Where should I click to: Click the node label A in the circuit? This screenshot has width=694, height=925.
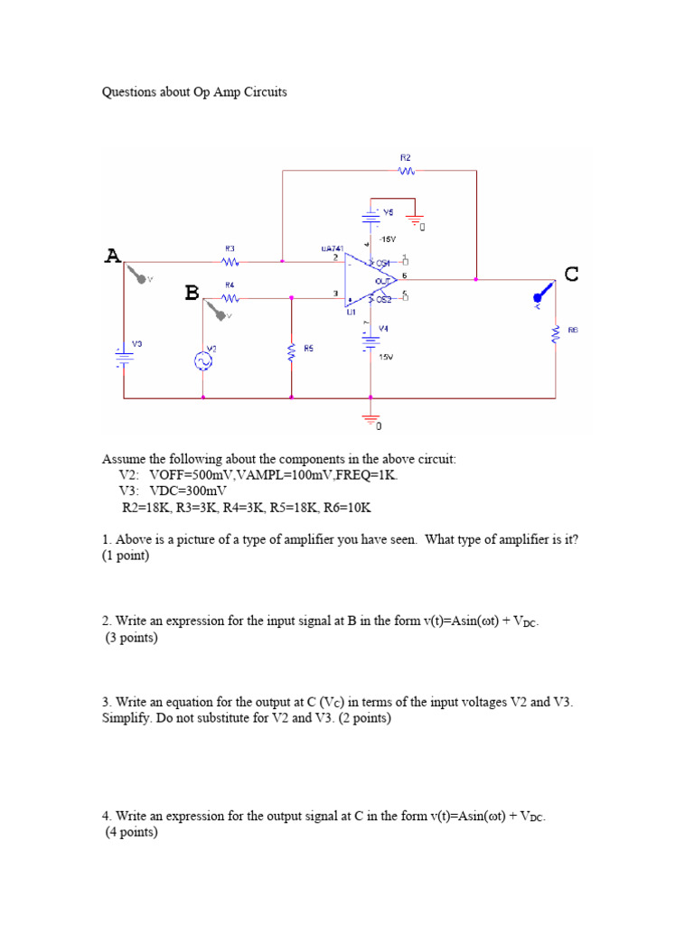pos(112,256)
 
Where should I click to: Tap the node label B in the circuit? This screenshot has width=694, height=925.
pos(192,293)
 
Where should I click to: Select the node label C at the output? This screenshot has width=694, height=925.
pos(571,274)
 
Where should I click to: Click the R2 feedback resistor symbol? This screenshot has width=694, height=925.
pos(406,170)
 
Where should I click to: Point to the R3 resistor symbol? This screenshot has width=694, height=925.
pos(230,262)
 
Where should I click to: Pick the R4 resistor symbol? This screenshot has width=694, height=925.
pos(230,297)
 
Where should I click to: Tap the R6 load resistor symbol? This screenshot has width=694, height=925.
pos(556,334)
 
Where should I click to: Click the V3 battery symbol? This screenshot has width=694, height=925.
pos(123,355)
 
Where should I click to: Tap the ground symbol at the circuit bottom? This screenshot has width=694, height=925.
pos(370,417)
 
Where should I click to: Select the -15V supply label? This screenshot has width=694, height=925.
pos(388,239)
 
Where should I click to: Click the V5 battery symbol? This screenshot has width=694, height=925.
pos(370,217)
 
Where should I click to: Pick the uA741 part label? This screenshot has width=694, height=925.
pos(332,248)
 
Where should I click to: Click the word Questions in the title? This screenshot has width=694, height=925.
pos(128,92)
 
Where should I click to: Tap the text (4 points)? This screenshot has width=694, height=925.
pos(132,833)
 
